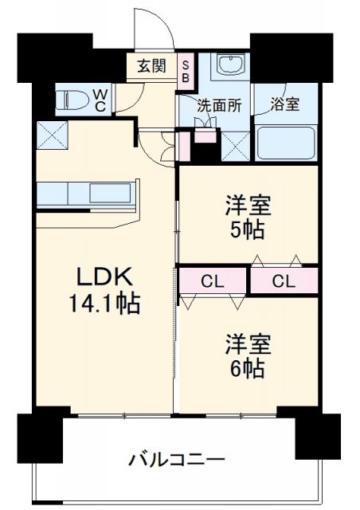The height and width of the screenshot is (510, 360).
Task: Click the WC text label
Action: (x=100, y=100)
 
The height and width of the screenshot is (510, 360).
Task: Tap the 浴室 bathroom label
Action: (x=284, y=104)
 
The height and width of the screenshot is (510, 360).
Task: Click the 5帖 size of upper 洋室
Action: (x=248, y=231)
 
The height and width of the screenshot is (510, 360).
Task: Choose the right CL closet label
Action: (x=284, y=280)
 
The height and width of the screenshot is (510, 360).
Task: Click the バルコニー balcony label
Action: (x=177, y=460)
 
